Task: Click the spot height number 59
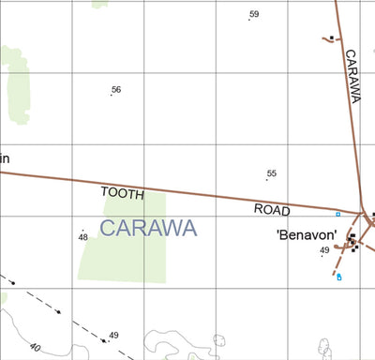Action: click(x=254, y=14)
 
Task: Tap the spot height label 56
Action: click(x=116, y=90)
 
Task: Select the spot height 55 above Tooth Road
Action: click(x=272, y=174)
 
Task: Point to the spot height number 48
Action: click(x=83, y=237)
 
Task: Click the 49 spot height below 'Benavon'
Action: click(x=324, y=250)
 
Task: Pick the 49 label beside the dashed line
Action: click(x=113, y=336)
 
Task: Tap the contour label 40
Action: click(x=36, y=347)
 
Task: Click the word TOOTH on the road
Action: click(x=123, y=193)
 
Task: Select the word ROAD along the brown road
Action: click(x=273, y=210)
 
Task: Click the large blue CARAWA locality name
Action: click(x=148, y=228)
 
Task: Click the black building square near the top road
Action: click(x=333, y=38)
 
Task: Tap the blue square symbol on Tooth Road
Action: click(x=337, y=215)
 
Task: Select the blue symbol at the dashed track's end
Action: click(x=338, y=277)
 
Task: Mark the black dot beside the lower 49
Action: click(x=107, y=340)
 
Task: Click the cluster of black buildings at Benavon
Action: click(x=352, y=241)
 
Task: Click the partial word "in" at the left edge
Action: click(x=5, y=157)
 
